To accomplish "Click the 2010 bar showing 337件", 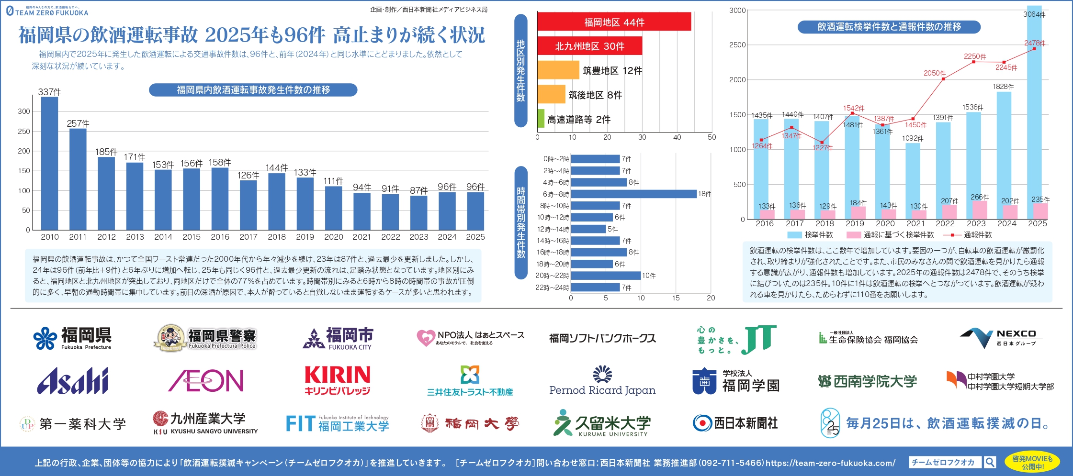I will click(x=49, y=163).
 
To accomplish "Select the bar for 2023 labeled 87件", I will click(x=418, y=212).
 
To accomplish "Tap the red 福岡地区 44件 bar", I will click(x=614, y=22).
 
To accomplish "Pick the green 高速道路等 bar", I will click(x=541, y=119).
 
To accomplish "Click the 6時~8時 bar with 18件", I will click(x=633, y=194).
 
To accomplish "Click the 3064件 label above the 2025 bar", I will click(x=1034, y=14).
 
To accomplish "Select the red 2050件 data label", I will click(x=935, y=73).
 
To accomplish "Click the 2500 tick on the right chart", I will click(x=737, y=45).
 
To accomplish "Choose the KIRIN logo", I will click(x=338, y=381).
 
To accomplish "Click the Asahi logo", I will click(x=73, y=381).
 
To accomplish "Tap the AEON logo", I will click(x=206, y=381).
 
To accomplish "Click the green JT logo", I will click(x=758, y=339).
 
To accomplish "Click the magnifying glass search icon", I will click(x=990, y=462).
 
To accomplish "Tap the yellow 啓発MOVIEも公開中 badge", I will click(x=1032, y=462).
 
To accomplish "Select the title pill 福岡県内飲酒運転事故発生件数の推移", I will click(x=253, y=90).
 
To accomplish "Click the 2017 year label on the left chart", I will click(x=248, y=237).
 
